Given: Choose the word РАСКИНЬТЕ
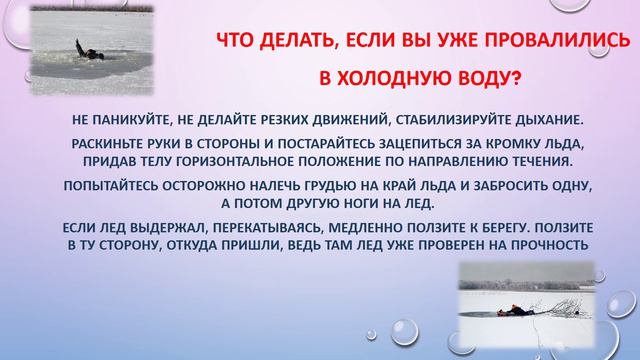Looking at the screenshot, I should click(x=113, y=143).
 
